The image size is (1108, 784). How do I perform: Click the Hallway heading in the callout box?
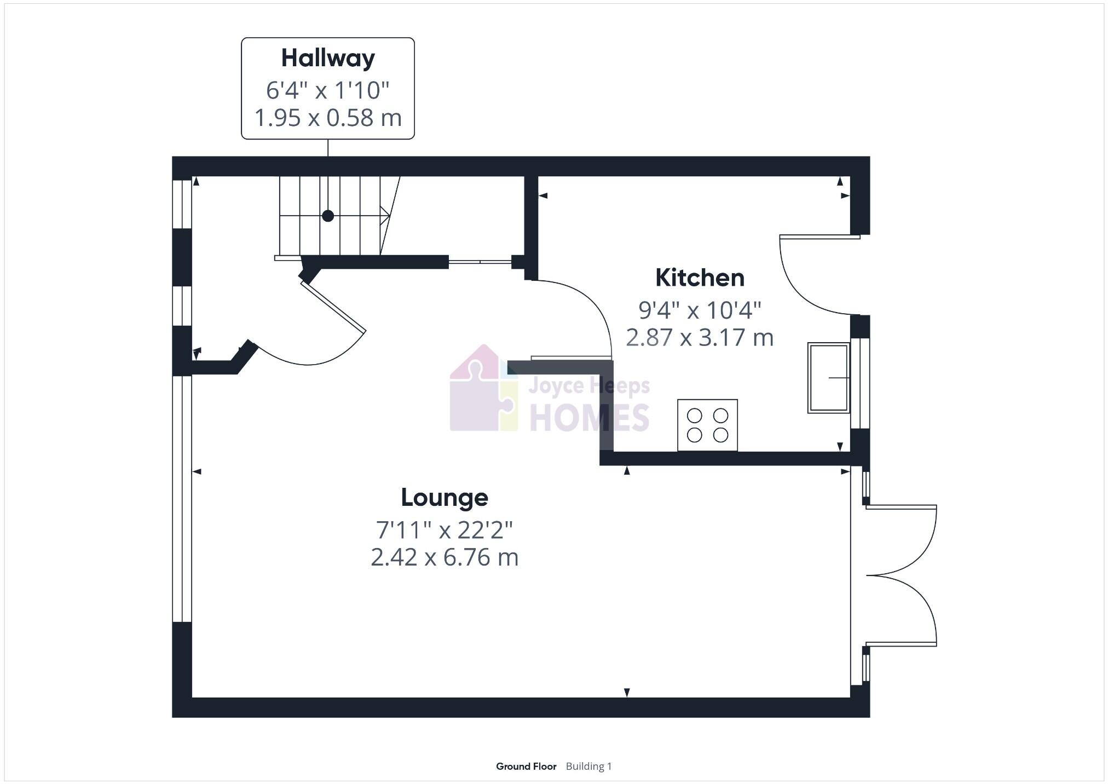tap(328, 59)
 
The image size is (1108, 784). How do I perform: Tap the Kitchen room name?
tap(700, 278)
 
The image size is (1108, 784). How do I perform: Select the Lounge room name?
tap(445, 498)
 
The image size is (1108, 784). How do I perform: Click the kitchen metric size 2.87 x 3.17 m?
tap(700, 338)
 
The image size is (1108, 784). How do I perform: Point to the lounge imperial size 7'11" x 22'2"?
tap(445, 530)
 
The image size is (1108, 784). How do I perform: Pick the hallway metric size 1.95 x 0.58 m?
tap(328, 118)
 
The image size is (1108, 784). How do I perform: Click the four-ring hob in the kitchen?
tap(707, 425)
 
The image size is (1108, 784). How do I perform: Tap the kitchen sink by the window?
tap(828, 378)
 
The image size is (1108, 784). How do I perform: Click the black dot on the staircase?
tap(328, 216)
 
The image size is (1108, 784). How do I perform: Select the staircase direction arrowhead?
tap(385, 215)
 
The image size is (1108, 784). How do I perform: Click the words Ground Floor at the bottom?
tap(526, 766)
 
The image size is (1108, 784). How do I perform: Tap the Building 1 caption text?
tap(588, 766)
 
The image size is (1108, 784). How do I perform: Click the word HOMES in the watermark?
tap(589, 418)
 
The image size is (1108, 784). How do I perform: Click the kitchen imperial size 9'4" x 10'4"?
tap(700, 310)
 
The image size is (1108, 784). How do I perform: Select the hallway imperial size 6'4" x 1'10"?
tap(328, 90)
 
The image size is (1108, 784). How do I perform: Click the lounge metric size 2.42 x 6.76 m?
tap(445, 558)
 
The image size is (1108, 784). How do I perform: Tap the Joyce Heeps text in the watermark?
tap(589, 386)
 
